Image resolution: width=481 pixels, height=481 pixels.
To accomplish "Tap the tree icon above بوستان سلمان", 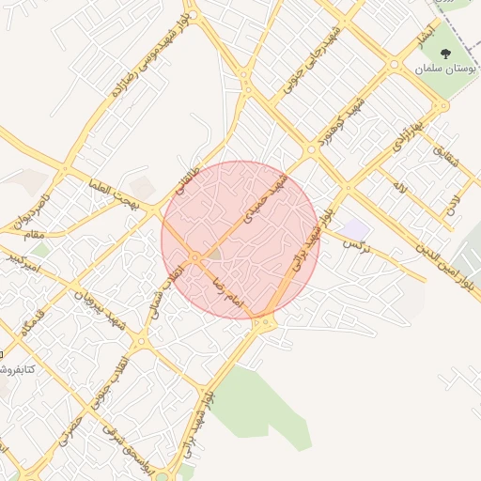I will tap(445, 54).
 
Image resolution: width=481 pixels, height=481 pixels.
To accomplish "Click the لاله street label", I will tap(400, 189).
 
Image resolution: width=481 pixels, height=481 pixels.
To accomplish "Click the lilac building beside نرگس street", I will tap(354, 228).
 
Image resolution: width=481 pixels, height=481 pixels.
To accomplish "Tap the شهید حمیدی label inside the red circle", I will tap(262, 201).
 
